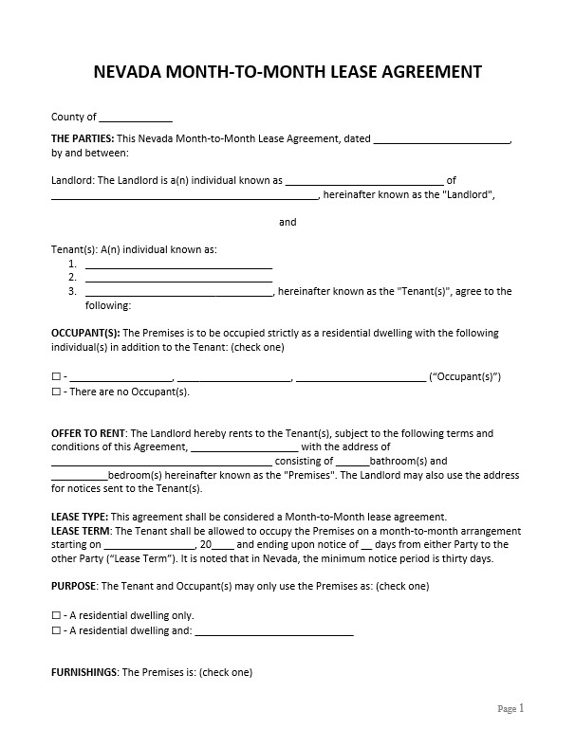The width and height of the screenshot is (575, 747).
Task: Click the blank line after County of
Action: tap(136, 118)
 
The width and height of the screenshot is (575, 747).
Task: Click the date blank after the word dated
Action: tap(441, 139)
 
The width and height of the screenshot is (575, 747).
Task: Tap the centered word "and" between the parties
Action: tap(287, 222)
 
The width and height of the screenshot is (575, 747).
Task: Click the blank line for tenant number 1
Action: tap(178, 264)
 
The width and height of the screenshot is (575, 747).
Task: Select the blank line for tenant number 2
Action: tap(178, 278)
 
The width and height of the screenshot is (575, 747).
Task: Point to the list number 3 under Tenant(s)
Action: tap(72, 292)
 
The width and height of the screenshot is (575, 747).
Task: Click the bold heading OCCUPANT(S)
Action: tap(85, 334)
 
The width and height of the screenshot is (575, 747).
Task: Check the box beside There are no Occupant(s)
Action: tap(56, 392)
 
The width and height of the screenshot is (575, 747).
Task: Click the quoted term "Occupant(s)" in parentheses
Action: tap(465, 376)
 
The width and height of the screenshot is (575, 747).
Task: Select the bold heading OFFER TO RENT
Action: tap(89, 433)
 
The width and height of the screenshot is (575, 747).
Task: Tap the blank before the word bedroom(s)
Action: tap(80, 476)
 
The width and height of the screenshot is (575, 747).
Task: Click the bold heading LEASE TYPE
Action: tap(76, 518)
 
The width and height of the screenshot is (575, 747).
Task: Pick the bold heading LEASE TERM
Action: tap(80, 531)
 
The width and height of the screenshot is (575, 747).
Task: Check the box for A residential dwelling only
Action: tap(56, 614)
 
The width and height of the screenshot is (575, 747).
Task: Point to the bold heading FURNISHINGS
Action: tap(84, 672)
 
